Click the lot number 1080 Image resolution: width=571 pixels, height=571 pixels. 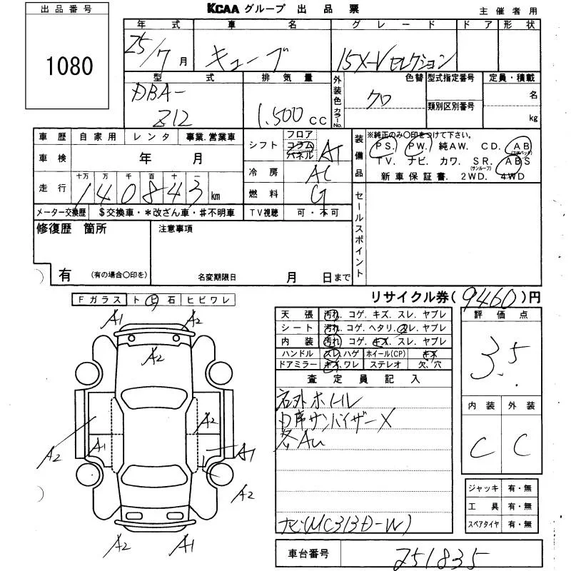coord(70,66)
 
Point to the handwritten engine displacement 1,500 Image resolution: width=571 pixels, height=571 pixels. coord(277,113)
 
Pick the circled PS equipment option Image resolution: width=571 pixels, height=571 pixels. coord(385,146)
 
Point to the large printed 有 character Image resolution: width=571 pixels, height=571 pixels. coord(65,273)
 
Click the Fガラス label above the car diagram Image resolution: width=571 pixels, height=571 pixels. coord(98,300)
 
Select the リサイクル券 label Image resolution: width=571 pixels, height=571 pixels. coord(400,296)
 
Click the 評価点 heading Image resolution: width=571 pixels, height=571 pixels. coord(497,314)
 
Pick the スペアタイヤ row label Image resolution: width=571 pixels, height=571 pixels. coord(483,524)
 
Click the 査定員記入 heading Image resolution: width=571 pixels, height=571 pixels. coord(364,379)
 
